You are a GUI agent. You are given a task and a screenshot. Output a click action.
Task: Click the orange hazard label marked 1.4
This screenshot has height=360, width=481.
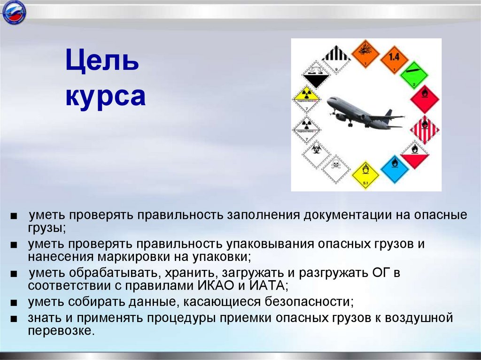[x=394, y=59]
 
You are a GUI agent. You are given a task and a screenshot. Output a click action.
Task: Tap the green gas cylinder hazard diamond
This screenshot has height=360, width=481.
[x=413, y=75]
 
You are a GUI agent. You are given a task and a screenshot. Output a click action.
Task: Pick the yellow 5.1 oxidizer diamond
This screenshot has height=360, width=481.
[x=365, y=175]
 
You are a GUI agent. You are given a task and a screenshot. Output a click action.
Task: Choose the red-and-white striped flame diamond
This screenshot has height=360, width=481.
[x=424, y=129]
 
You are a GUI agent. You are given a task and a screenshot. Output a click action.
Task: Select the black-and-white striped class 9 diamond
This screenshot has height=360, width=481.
[x=336, y=60]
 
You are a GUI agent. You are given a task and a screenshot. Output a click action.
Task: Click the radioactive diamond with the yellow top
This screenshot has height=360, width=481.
[x=306, y=99]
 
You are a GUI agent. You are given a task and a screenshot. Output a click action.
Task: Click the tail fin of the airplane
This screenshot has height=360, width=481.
[x=388, y=114]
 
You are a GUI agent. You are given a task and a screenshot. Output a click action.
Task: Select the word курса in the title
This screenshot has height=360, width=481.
[x=105, y=97]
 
